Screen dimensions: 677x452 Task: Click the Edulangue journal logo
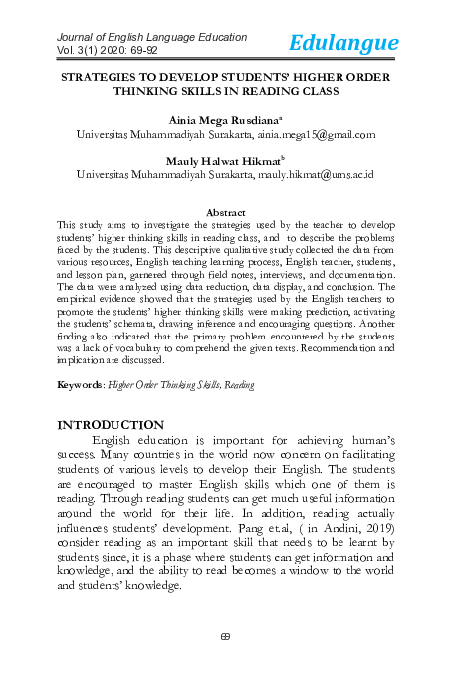pyautogui.click(x=344, y=42)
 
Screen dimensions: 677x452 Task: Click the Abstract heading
pyautogui.click(x=225, y=212)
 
